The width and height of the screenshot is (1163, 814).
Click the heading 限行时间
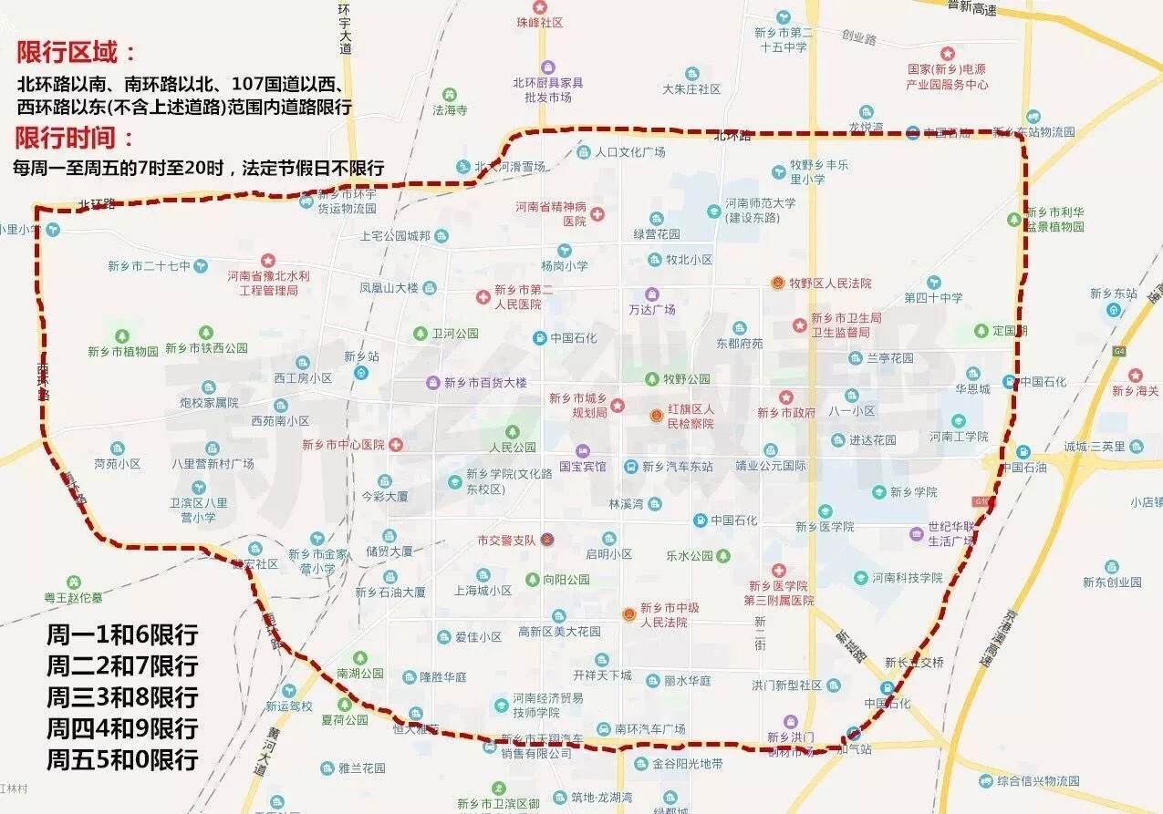pyautogui.click(x=74, y=138)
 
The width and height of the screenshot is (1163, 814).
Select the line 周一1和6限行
pyautogui.click(x=122, y=635)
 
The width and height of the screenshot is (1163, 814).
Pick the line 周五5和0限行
pyautogui.click(x=122, y=758)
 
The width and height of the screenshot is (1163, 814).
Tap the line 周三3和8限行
pyautogui.click(x=122, y=697)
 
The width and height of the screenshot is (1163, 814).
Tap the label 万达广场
pyautogui.click(x=652, y=310)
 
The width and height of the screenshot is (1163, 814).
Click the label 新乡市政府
pyautogui.click(x=786, y=413)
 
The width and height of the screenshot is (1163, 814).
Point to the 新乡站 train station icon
pyautogui.click(x=362, y=372)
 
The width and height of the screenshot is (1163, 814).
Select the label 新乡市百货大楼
pyautogui.click(x=485, y=383)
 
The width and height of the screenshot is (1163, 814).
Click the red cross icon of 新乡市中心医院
pyautogui.click(x=395, y=445)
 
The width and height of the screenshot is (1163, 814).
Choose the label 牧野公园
pyautogui.click(x=686, y=378)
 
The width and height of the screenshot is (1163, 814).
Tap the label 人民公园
pyautogui.click(x=513, y=448)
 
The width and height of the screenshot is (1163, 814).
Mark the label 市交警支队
pyautogui.click(x=505, y=540)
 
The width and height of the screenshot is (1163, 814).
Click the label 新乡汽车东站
pyautogui.click(x=677, y=466)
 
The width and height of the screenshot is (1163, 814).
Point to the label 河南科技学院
pyautogui.click(x=907, y=577)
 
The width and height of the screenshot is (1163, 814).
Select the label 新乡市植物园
pyautogui.click(x=123, y=351)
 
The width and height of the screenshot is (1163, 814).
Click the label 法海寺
pyautogui.click(x=450, y=109)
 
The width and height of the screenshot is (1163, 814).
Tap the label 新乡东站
pyautogui.click(x=1113, y=294)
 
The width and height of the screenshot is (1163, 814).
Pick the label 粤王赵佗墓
pyautogui.click(x=74, y=597)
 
